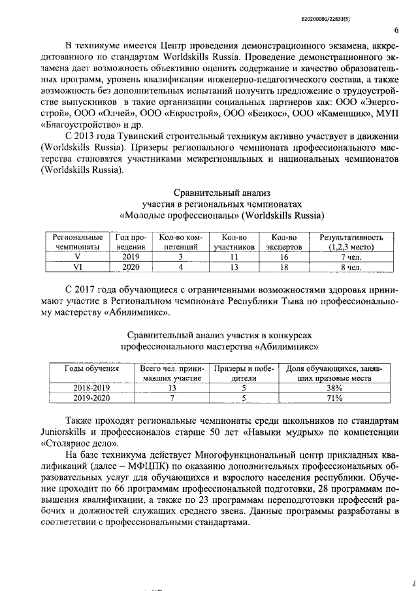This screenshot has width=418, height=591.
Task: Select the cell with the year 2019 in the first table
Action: tap(131, 257)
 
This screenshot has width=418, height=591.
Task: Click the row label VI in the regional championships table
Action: tap(76, 267)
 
